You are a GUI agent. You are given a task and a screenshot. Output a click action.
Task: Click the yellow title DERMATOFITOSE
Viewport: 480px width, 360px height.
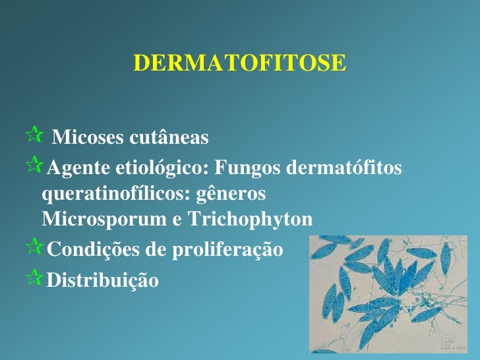(x=239, y=63)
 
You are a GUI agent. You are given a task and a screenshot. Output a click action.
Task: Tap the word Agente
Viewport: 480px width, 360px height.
(x=76, y=169)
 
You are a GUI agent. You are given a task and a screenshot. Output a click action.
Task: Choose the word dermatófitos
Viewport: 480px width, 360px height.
(x=345, y=169)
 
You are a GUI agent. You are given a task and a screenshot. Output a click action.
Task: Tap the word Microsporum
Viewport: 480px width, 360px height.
(x=104, y=219)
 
